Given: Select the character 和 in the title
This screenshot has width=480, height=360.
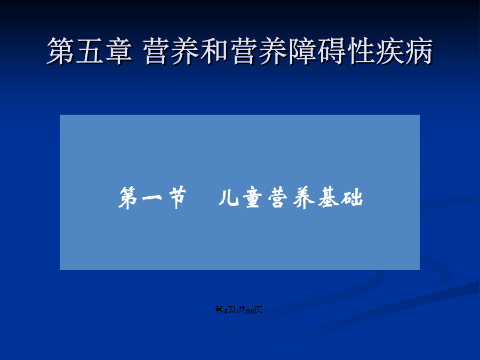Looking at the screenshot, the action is pos(214,51).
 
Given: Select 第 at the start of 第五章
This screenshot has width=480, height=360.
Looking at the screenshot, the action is pos(61,51).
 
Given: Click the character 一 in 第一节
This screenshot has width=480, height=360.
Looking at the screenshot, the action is pos(152,198).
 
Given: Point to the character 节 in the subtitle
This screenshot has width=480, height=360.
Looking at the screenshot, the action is pos(177,197).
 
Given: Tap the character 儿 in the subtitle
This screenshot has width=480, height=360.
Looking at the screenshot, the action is pos(229,197).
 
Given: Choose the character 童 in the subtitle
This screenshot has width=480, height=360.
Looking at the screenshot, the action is pos(254,198).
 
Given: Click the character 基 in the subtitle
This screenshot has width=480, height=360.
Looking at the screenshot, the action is pos(329,197).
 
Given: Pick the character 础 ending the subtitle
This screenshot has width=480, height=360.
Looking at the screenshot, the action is pos(353,198).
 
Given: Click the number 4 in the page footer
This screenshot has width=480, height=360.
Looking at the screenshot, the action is pos(225,310).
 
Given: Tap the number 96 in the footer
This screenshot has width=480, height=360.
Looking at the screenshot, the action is pos(251,310).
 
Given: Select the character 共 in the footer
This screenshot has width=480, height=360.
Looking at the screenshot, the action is pos(242,310).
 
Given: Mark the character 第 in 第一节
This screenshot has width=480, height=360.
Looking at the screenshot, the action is pos(128,198).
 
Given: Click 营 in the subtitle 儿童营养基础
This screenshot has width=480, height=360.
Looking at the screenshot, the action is pos(278,198).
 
